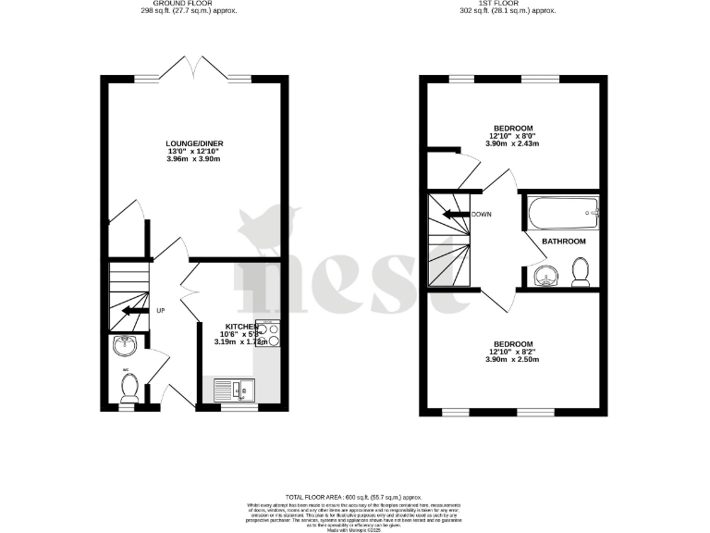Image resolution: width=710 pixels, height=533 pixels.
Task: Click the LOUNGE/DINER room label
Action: pos(194,143)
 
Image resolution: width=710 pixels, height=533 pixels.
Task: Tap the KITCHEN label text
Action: pos(238,326)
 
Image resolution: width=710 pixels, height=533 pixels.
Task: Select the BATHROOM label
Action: pos(564,242)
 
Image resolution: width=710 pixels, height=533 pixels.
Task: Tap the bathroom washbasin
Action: pos(545,276)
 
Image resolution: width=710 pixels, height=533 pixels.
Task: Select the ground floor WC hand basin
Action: pos(124,346)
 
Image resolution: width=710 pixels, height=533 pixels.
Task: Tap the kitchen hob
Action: pos(268,334)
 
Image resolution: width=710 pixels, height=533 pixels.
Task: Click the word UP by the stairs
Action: pos(161,310)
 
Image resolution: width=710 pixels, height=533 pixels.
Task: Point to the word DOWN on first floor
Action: pos(481,215)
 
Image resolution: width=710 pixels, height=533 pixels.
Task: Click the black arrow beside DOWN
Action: pos(455,215)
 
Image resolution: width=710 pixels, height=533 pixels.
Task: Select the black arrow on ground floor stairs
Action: pos(135,310)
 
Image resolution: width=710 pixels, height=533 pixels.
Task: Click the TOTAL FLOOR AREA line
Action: pos(354,497)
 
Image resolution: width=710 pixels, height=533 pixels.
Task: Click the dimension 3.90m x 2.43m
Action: pos(513,144)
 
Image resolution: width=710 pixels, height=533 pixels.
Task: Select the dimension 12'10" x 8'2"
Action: pos(513,352)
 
